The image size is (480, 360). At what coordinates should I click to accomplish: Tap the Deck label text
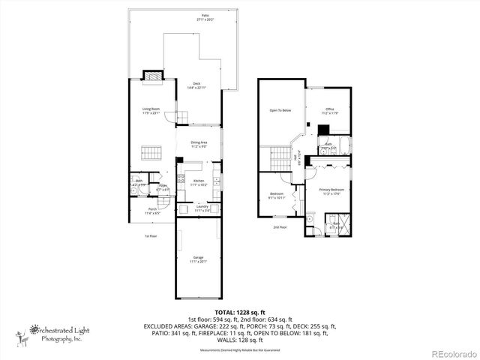pos(196,85)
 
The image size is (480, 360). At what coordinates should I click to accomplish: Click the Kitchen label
pos(199,182)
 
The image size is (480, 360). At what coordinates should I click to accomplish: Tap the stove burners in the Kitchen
pos(181,178)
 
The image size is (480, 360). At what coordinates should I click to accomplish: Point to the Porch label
pos(152,211)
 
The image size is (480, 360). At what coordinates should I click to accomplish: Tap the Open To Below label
pos(280,110)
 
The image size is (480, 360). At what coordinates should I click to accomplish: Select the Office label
pos(330,111)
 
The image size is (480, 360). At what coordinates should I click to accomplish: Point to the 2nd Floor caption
pos(280,226)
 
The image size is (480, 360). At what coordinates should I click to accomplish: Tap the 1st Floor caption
pos(150,235)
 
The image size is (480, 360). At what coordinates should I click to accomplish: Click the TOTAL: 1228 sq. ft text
pos(240,311)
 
